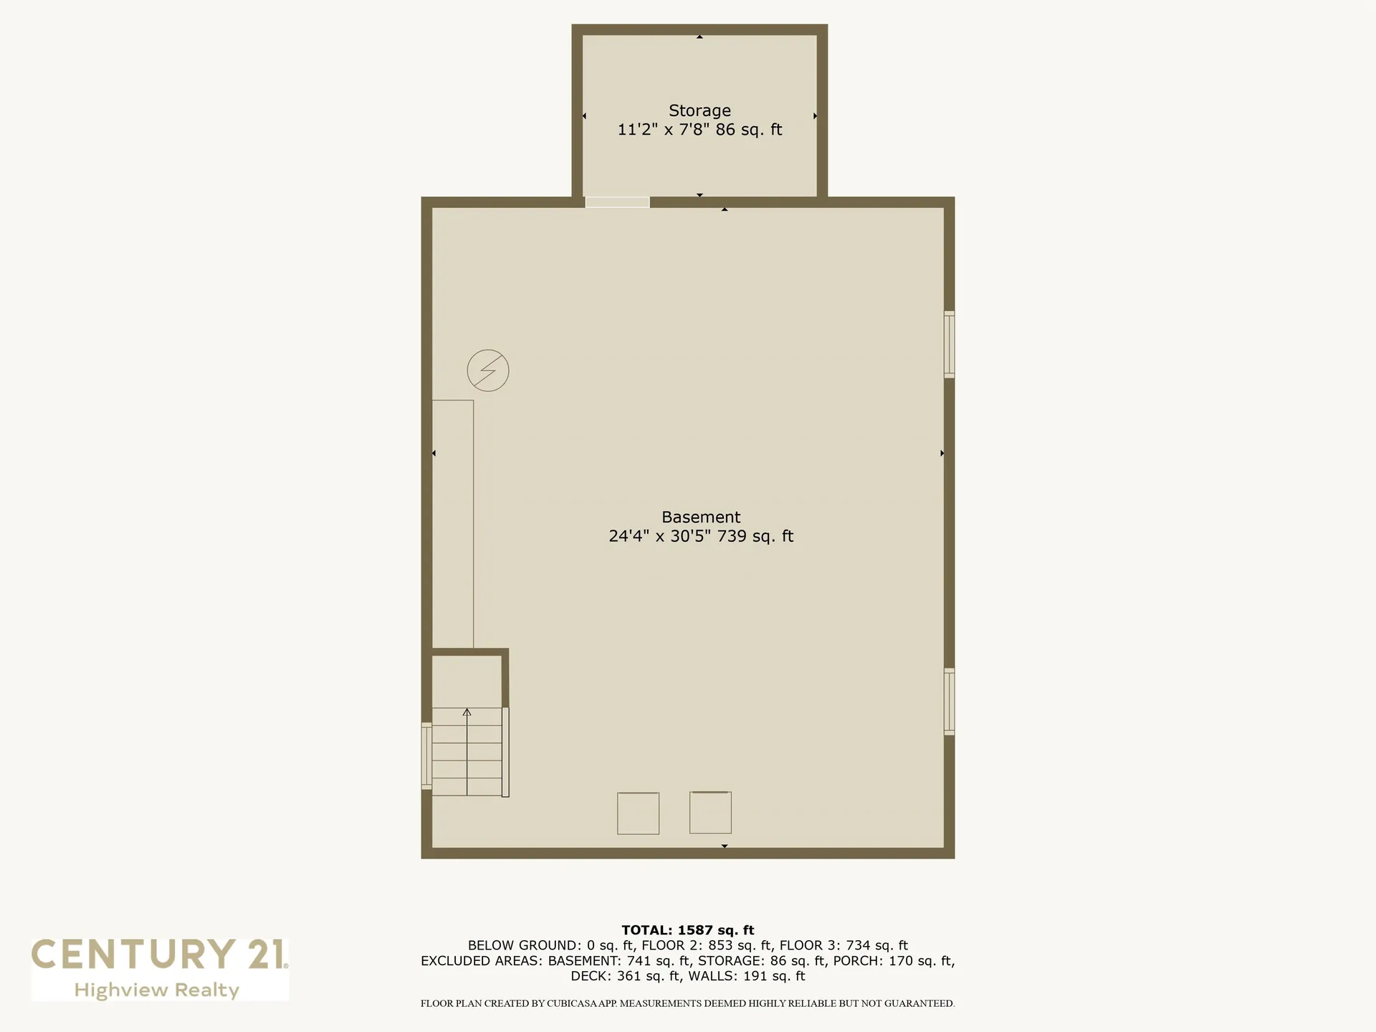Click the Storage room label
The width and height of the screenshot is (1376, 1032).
coord(699,110)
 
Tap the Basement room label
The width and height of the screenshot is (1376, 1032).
coord(701,517)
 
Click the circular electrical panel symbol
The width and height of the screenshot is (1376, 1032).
coord(488,371)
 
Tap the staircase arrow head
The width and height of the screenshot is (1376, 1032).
coord(467,712)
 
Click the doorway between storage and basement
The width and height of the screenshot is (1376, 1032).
coord(617,202)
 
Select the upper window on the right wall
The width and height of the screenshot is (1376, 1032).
coord(949,344)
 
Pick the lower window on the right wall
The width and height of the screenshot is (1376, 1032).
coord(949,702)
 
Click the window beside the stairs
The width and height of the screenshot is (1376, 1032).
coord(426,756)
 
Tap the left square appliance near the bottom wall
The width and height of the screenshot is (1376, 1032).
coord(638,813)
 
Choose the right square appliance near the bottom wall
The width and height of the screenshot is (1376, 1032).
coord(710,813)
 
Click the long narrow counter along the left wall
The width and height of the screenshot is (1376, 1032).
coord(453,524)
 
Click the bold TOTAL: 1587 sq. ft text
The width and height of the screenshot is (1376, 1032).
coord(688,930)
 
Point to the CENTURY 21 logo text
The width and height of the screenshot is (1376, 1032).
coord(159,955)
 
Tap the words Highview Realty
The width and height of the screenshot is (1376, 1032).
coord(157,990)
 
